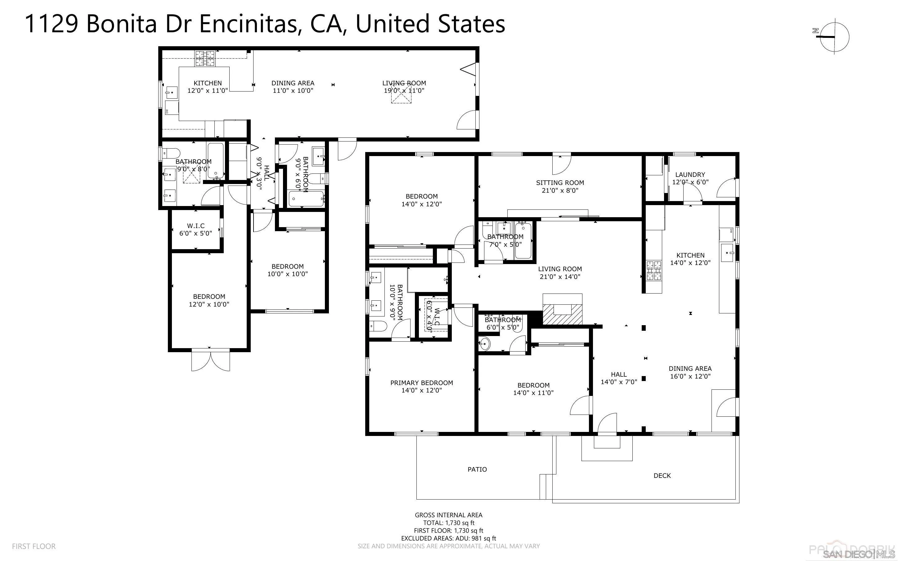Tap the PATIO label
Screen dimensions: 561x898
pyautogui.click(x=477, y=469)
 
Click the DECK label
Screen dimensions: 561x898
pyautogui.click(x=662, y=476)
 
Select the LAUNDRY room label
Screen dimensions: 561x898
pyautogui.click(x=690, y=174)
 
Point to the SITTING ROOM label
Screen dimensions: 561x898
pyautogui.click(x=560, y=182)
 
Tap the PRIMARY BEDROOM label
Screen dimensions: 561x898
pyautogui.click(x=421, y=383)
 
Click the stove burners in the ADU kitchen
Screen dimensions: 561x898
pyautogui.click(x=205, y=58)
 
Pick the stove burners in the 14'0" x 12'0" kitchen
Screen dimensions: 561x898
pyautogui.click(x=653, y=271)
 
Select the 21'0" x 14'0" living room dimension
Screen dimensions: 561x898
pyautogui.click(x=560, y=277)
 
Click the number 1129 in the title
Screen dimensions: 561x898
pyautogui.click(x=51, y=24)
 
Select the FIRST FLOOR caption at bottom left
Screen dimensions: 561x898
pyautogui.click(x=34, y=546)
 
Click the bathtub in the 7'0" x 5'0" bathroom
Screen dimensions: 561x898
pyautogui.click(x=523, y=241)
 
